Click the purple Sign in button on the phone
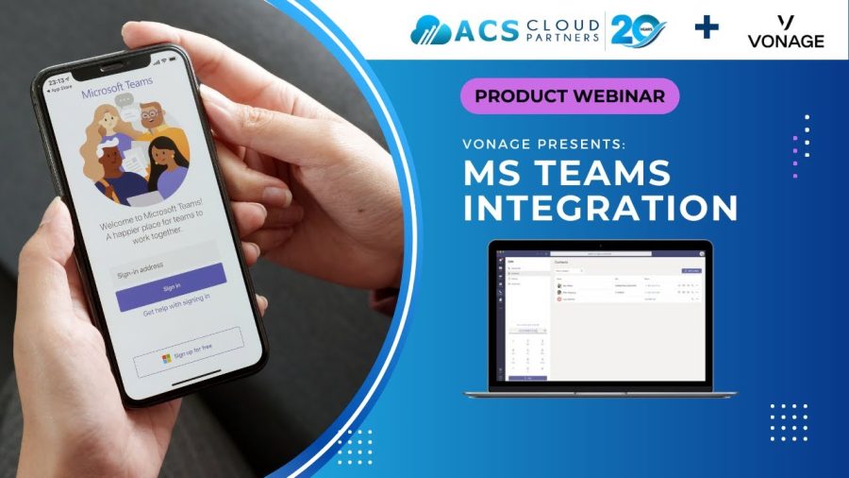(171, 286)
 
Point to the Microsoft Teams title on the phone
(118, 93)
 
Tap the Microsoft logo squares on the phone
(166, 358)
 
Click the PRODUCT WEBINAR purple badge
(570, 95)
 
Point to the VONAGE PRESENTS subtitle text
(543, 145)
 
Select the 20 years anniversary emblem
(638, 29)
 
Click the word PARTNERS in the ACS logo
(563, 38)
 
